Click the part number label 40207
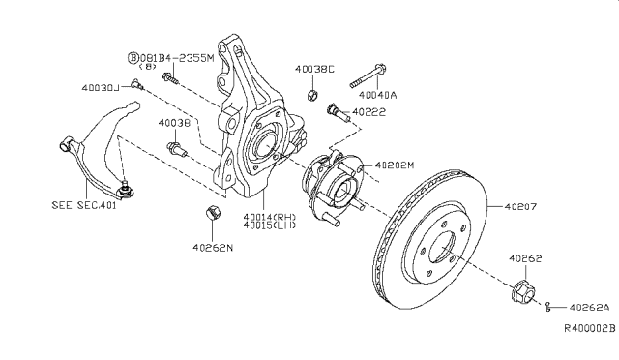(523, 206)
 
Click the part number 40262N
(212, 247)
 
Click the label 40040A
(378, 95)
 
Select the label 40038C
(315, 69)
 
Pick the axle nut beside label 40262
(523, 289)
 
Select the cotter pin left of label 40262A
(548, 306)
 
